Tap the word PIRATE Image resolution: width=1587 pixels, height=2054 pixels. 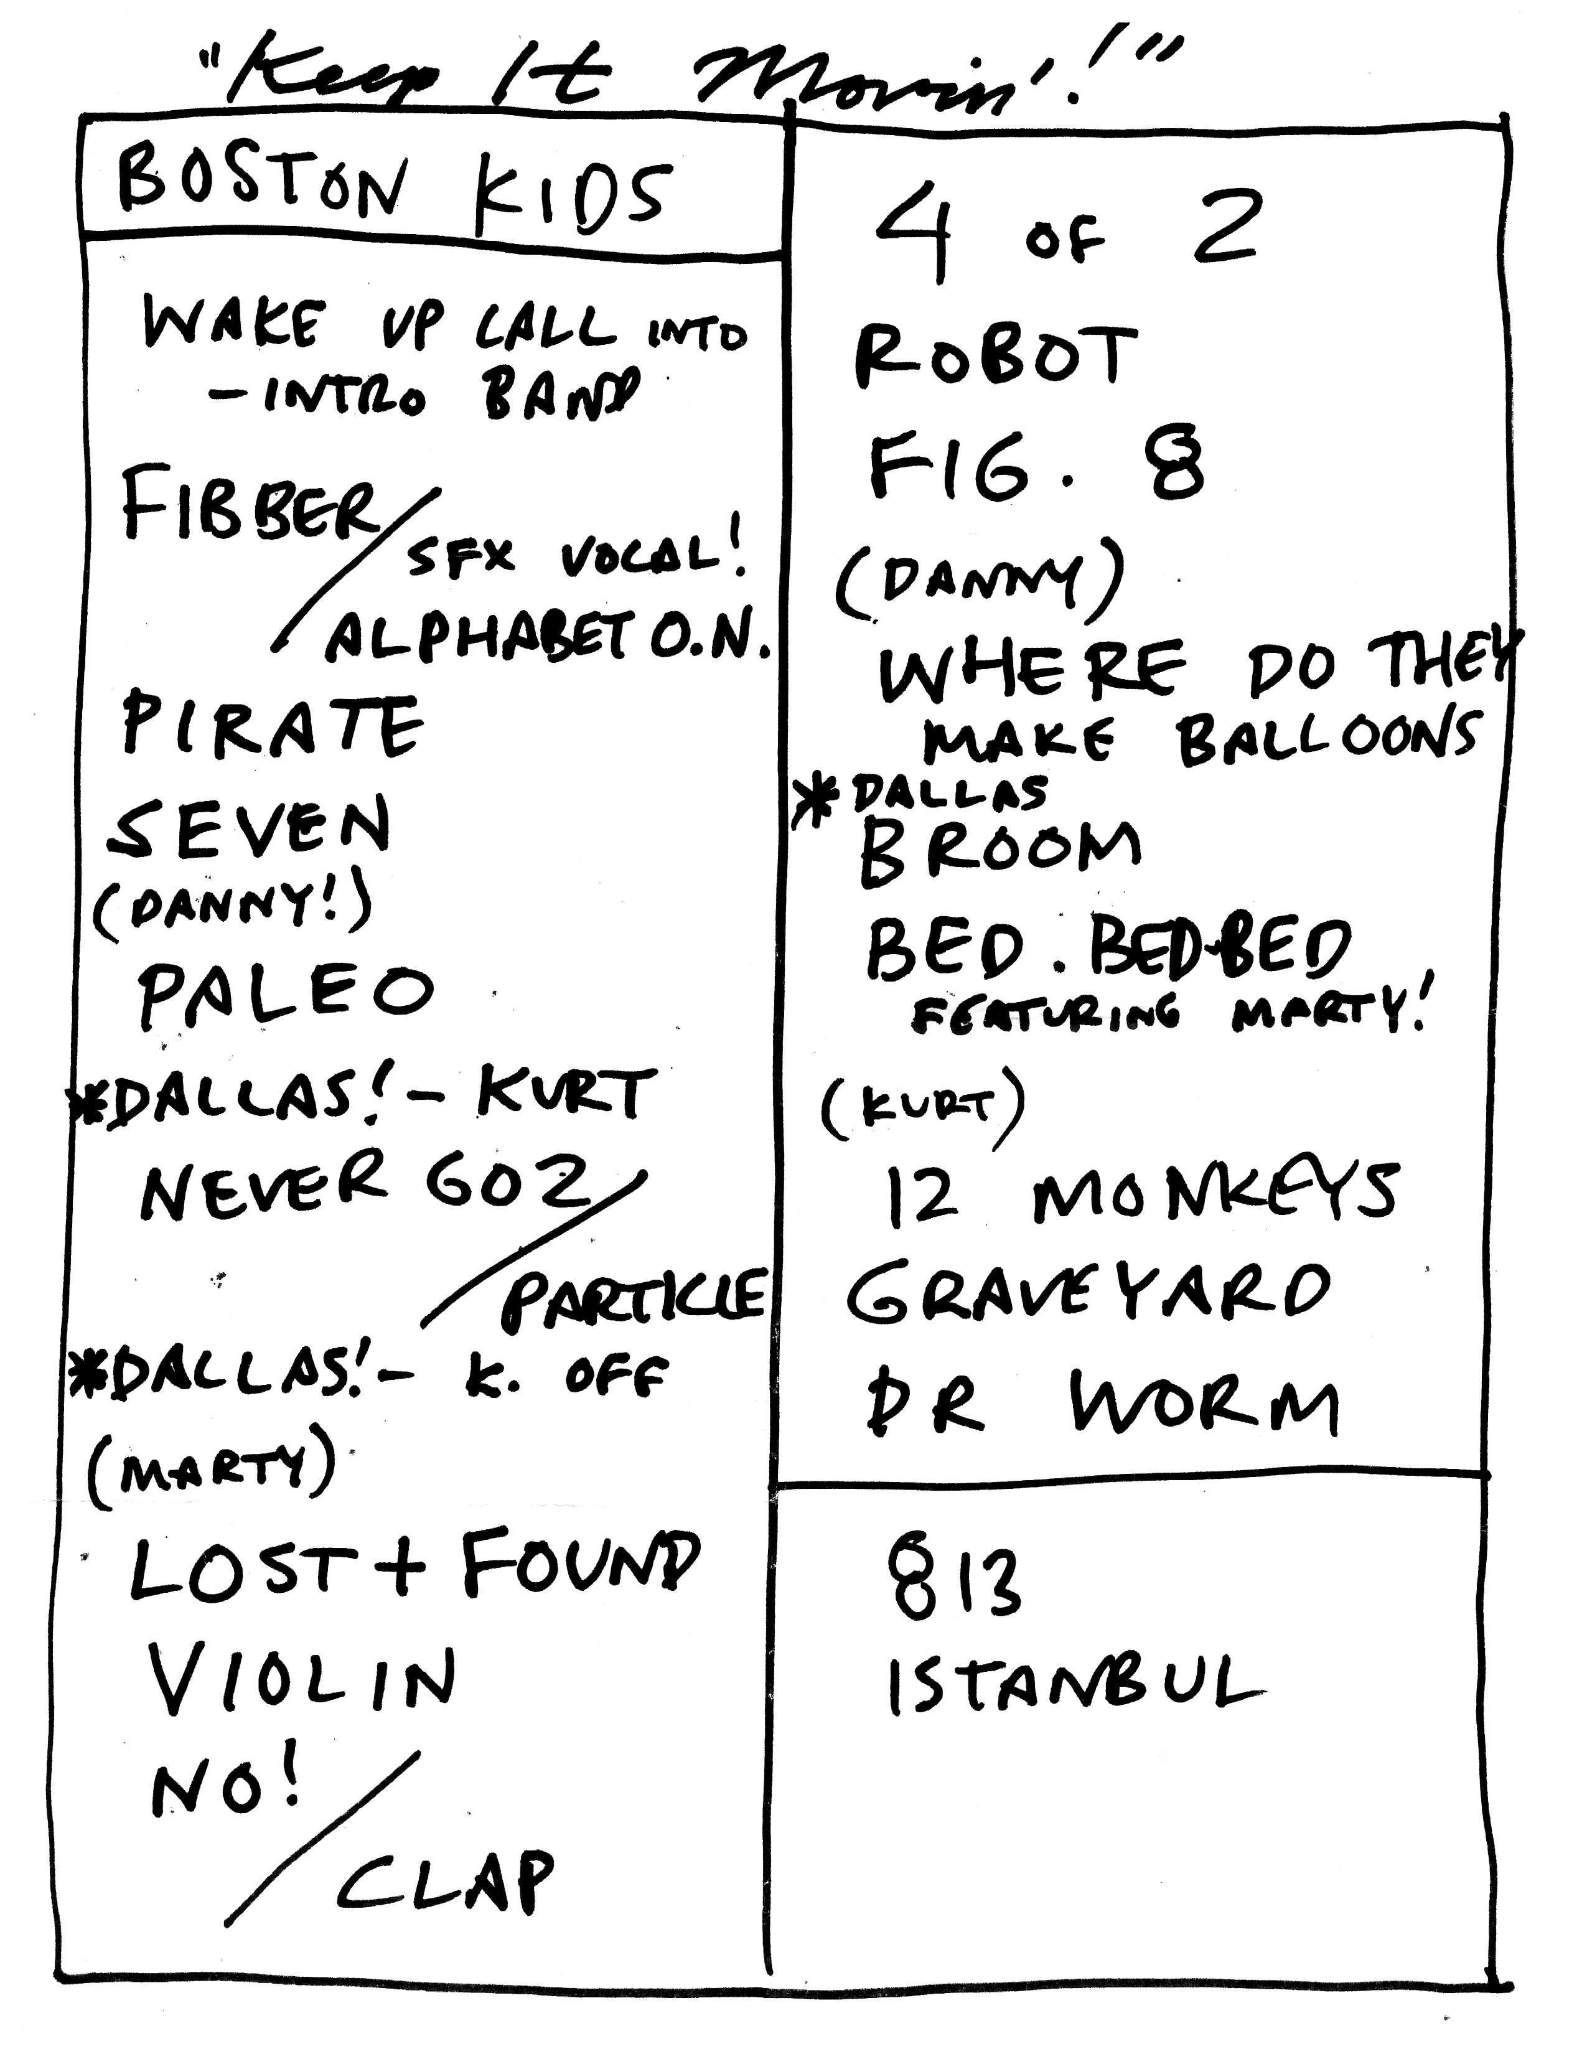point(273,725)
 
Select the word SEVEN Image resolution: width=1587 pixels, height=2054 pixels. point(249,828)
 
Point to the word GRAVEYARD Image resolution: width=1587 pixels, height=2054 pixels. point(1088,1293)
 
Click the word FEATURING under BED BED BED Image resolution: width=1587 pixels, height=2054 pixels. point(1046,1016)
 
